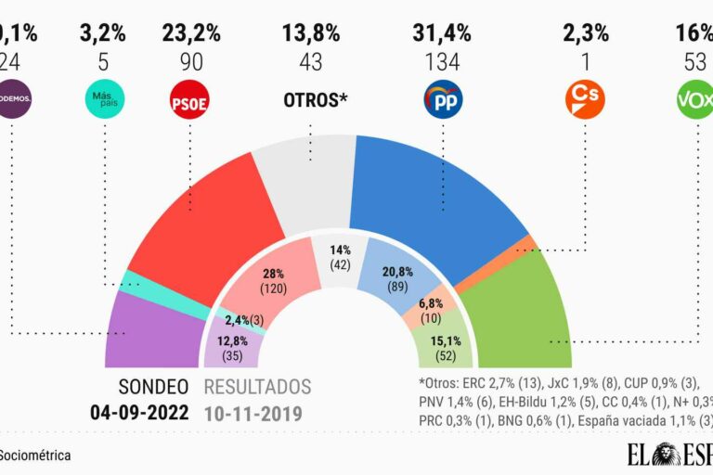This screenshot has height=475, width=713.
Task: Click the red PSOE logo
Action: pos(189,99)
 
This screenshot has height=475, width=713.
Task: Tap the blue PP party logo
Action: pos(443,99)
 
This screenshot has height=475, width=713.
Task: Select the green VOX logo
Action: pos(695,99)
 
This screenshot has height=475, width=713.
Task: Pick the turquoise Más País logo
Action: pos(104,99)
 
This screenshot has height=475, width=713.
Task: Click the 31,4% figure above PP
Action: pos(442,33)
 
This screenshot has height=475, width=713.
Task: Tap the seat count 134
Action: pos(442,62)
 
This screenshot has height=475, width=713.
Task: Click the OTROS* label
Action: pos(316,98)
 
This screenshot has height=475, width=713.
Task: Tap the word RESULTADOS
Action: pos(257,387)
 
